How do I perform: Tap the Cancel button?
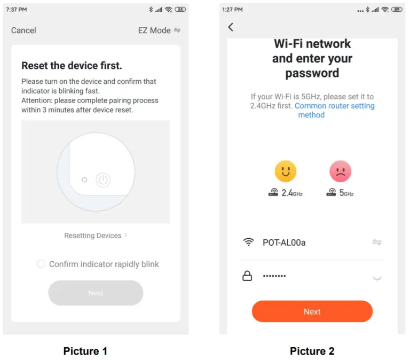pos(23,30)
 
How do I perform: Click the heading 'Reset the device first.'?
pos(72,65)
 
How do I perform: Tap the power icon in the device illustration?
pos(103,180)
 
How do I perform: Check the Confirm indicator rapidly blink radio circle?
pos(41,264)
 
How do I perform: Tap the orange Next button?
pos(312,311)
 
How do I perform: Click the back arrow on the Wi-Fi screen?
pos(231,27)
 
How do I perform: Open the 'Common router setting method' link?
pos(334,110)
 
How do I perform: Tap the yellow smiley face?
pos(286,171)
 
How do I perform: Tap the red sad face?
pos(340,171)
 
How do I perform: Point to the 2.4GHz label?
pos(292,193)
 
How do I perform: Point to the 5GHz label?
pos(346,193)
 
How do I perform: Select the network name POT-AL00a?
pos(284,242)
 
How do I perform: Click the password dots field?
pos(274,276)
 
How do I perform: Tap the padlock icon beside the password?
pos(247,276)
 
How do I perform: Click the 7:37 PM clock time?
pos(17,10)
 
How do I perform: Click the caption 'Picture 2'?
pos(312,351)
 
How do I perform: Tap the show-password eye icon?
pos(377,278)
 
